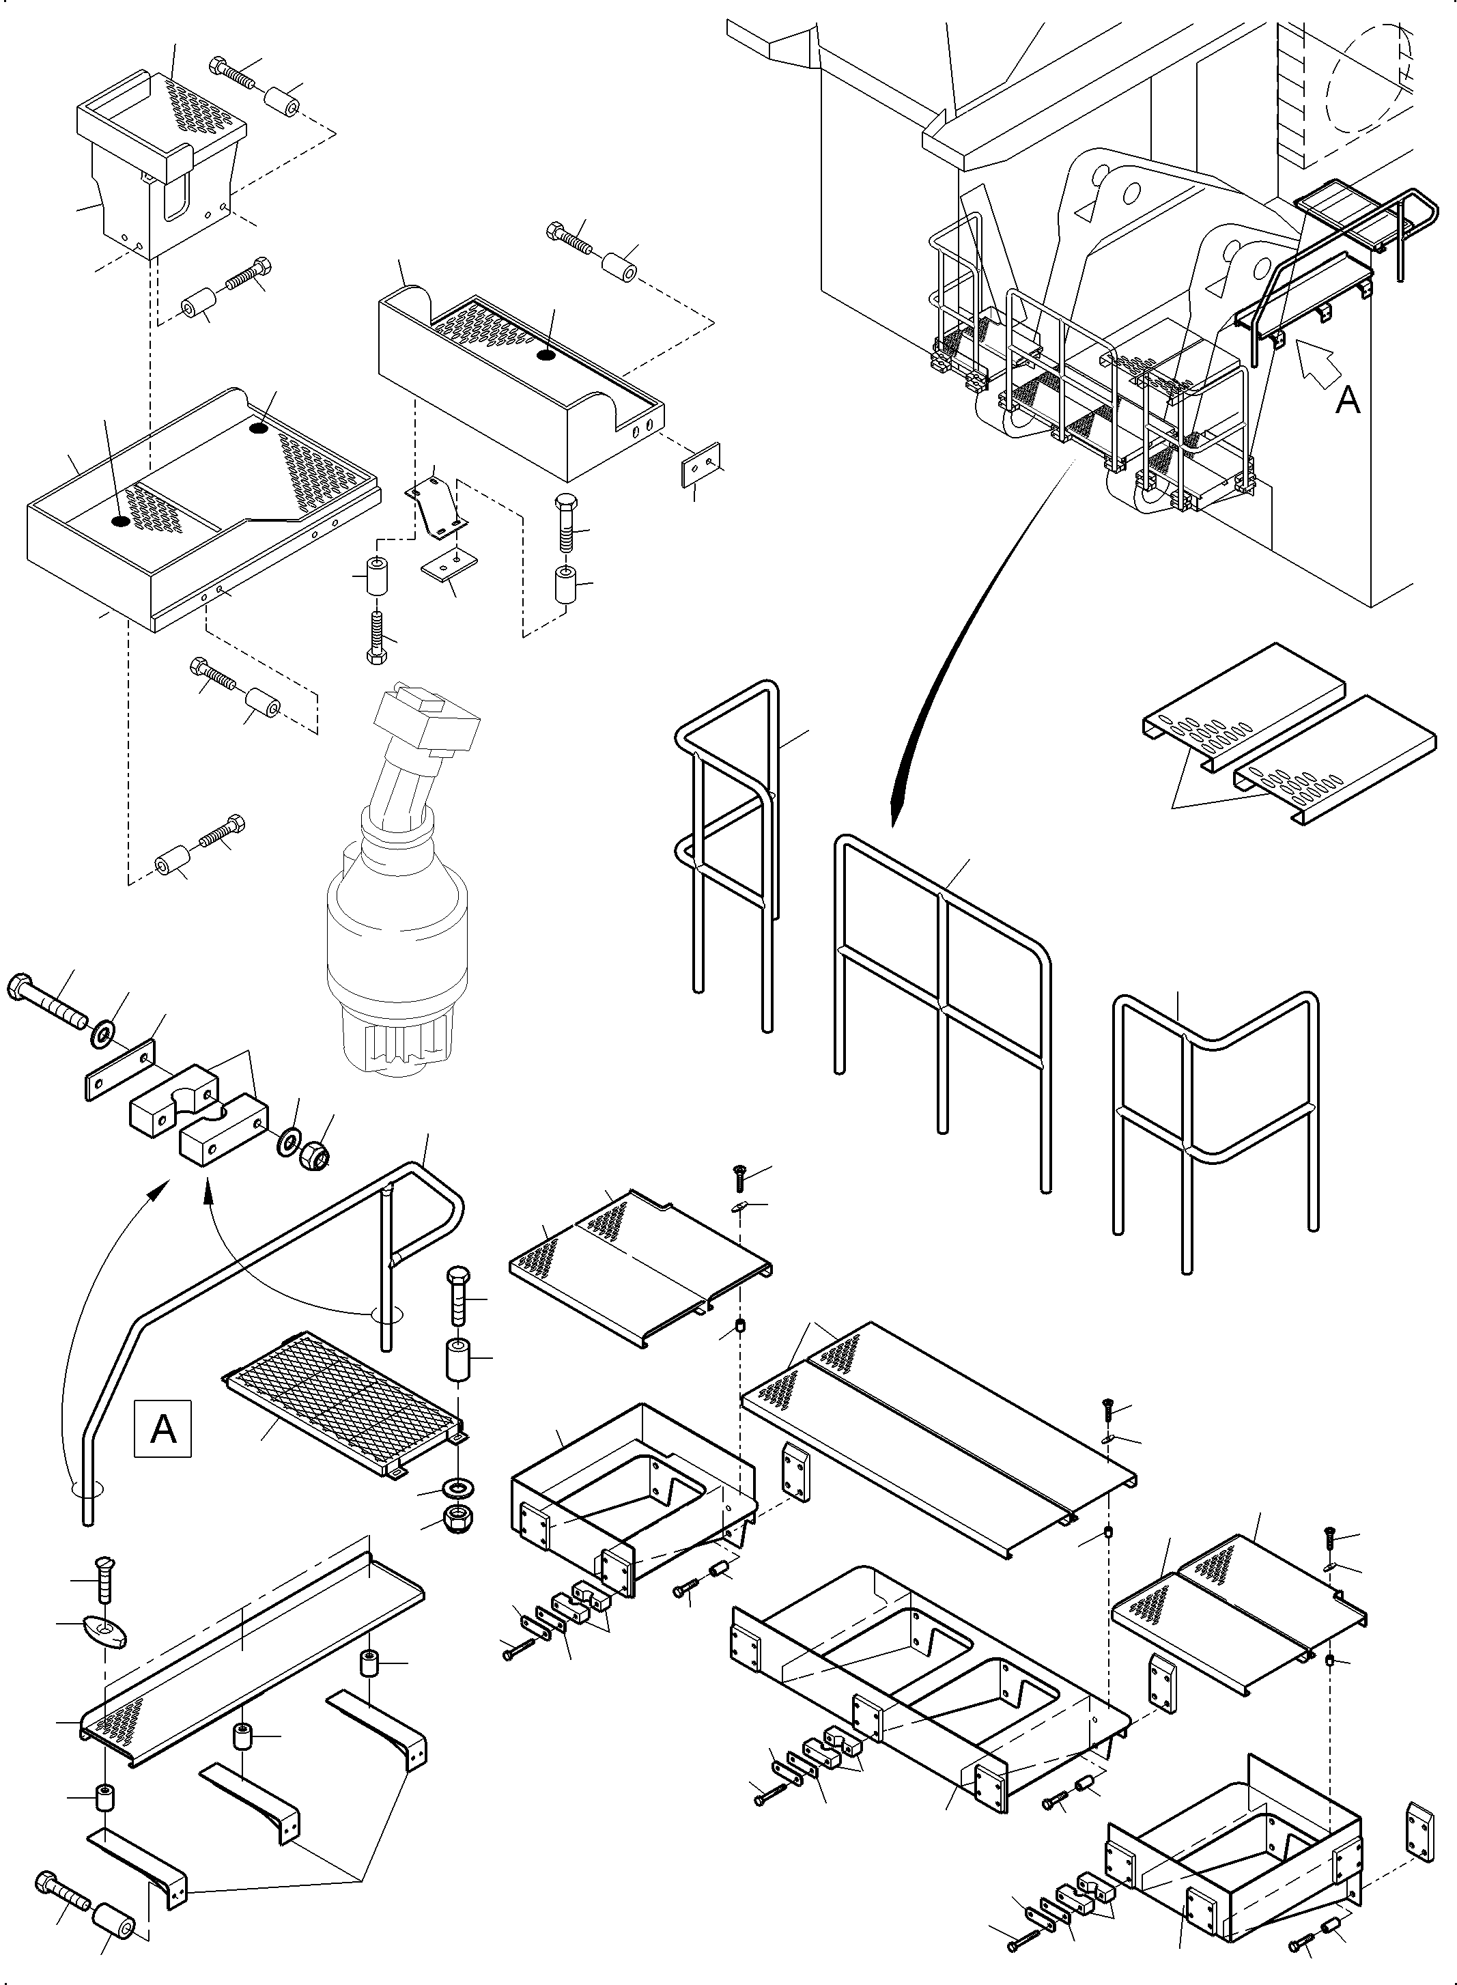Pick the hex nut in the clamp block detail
(x=315, y=1155)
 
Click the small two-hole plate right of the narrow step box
(x=701, y=465)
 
